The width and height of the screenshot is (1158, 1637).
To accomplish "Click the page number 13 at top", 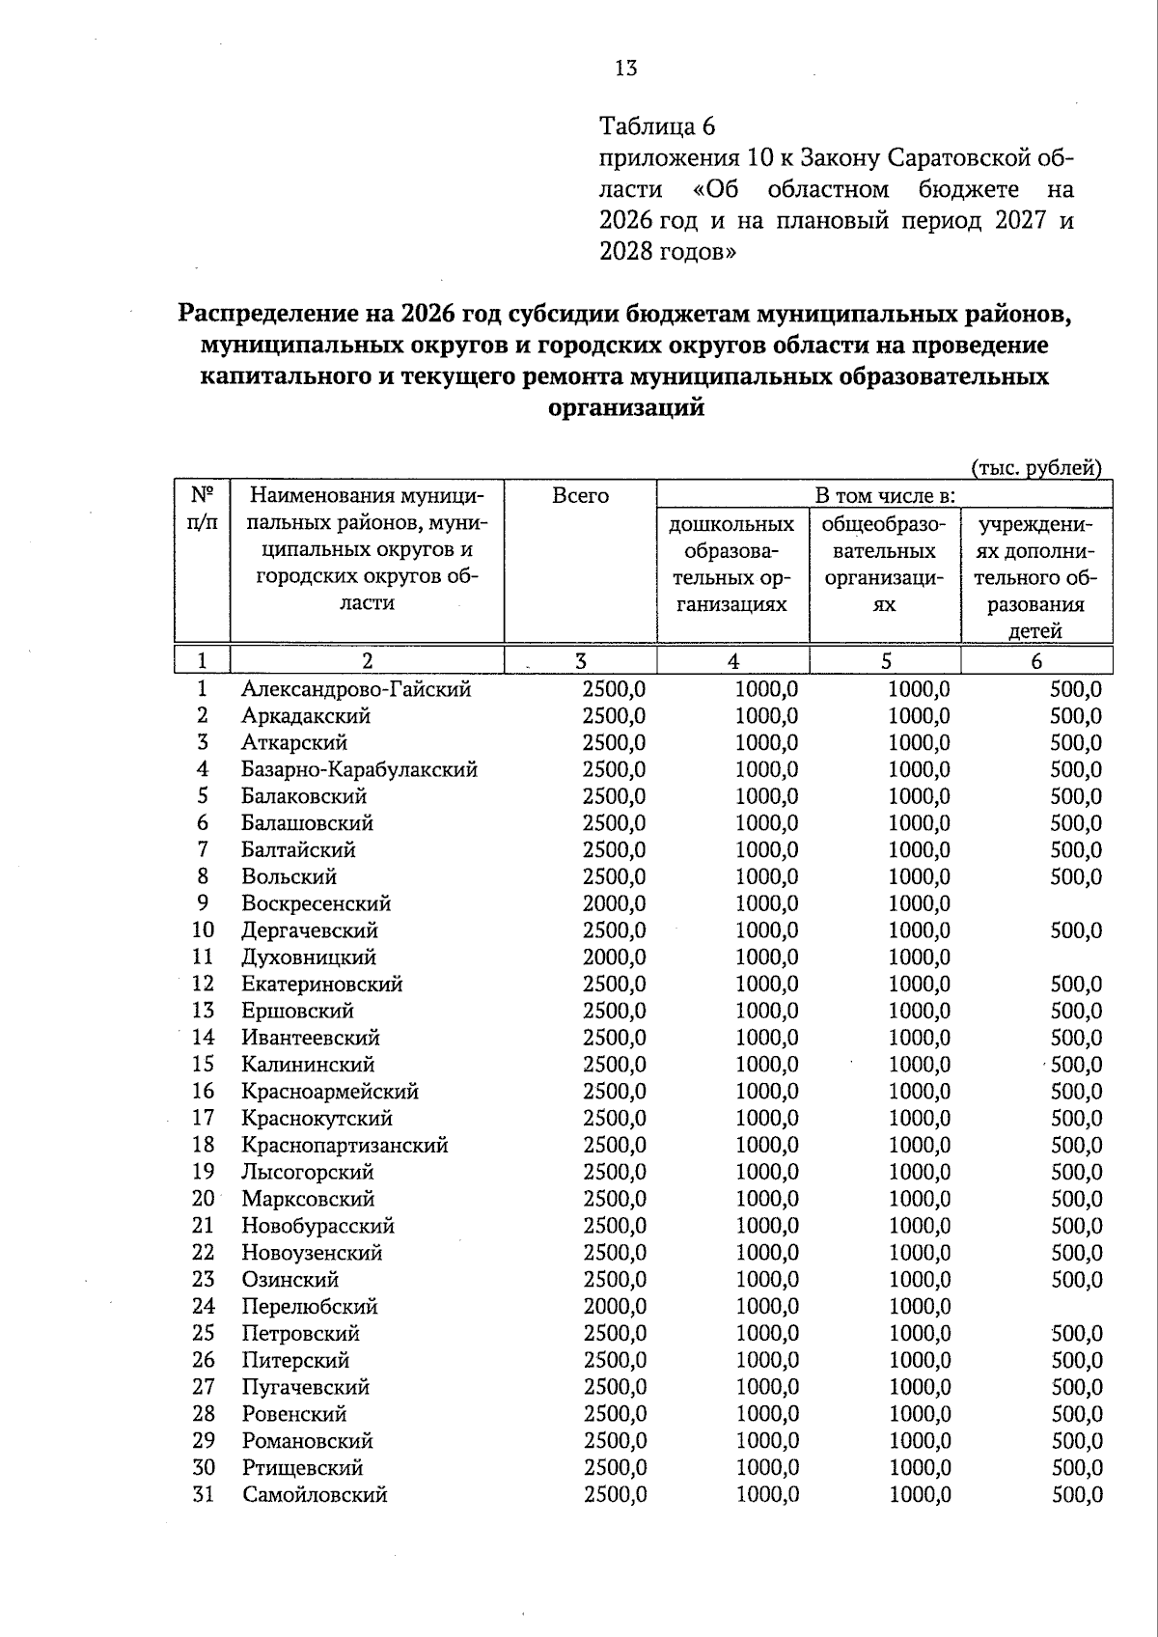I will pos(625,68).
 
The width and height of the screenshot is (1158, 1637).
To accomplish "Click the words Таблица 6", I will pos(657,126).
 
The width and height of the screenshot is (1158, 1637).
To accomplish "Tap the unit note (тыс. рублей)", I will pos(1035,468).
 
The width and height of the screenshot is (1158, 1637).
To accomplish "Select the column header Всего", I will pos(580,496).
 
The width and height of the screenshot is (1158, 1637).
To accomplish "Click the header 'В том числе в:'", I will pos(885,496).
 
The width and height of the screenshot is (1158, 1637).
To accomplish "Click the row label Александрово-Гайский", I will pos(356,689).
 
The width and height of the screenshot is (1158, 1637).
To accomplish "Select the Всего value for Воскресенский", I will pos(614,904).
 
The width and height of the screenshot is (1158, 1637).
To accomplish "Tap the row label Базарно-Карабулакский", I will pos(359,770).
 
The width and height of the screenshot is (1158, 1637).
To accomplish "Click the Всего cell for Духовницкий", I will pos(614,957).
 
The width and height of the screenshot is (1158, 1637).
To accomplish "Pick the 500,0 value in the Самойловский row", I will pos(1076,1495).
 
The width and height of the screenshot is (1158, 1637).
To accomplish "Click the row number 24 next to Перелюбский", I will pos(203,1307).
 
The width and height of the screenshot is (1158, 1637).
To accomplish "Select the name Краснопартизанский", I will pos(345,1146).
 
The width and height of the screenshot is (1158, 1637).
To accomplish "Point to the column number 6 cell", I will pos(1036,661).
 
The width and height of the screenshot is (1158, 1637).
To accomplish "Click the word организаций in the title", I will pos(625,408).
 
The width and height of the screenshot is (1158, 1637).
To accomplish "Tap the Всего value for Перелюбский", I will pos(614,1307).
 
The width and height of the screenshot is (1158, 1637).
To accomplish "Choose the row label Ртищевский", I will pos(302,1468).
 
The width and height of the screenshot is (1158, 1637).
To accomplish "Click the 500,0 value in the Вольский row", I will pos(1076,877).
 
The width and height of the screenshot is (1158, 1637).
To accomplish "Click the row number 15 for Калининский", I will pos(203,1065).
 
